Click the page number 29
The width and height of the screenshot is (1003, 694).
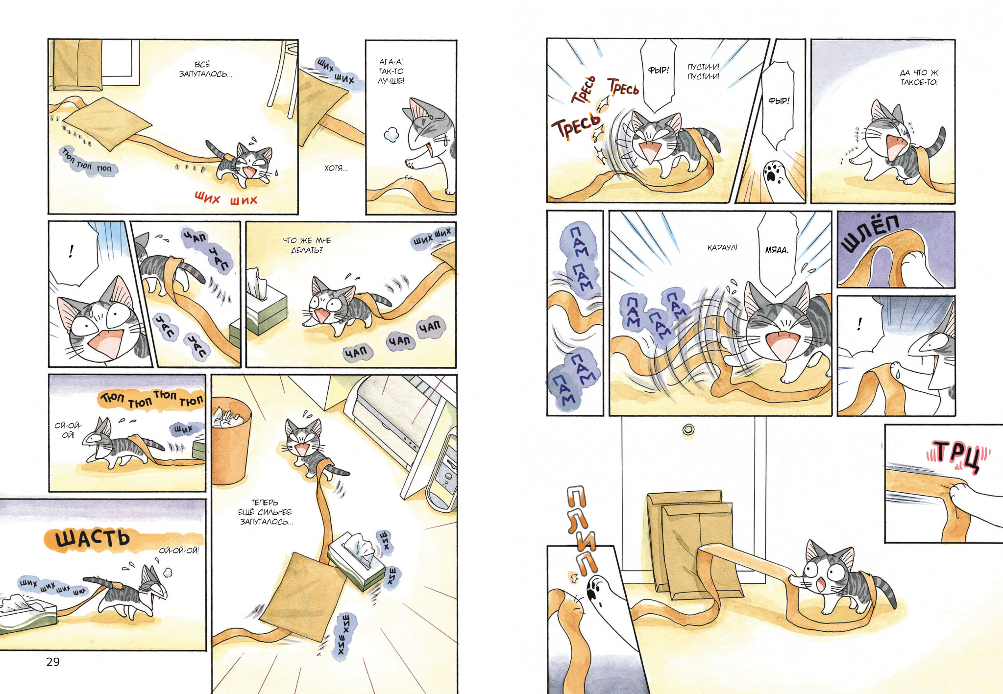[x=53, y=662]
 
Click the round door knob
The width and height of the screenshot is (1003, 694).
[x=688, y=430]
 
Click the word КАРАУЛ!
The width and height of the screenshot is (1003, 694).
[x=722, y=248]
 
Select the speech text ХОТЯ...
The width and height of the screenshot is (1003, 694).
[x=336, y=168]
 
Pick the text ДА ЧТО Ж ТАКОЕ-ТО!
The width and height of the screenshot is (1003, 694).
[x=919, y=77]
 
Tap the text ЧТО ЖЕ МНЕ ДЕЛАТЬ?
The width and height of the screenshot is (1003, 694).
[x=307, y=245]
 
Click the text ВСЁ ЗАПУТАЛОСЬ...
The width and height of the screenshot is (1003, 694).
[x=205, y=69]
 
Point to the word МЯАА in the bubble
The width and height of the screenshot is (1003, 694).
[x=777, y=250]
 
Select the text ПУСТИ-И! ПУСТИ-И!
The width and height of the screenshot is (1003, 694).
[x=703, y=72]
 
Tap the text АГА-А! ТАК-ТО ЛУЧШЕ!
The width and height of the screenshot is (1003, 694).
[x=391, y=72]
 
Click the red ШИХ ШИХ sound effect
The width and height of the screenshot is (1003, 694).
[x=226, y=199]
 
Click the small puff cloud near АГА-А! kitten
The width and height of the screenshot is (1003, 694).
[x=391, y=134]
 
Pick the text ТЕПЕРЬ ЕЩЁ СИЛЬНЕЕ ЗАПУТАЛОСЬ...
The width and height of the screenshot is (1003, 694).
[x=265, y=512]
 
